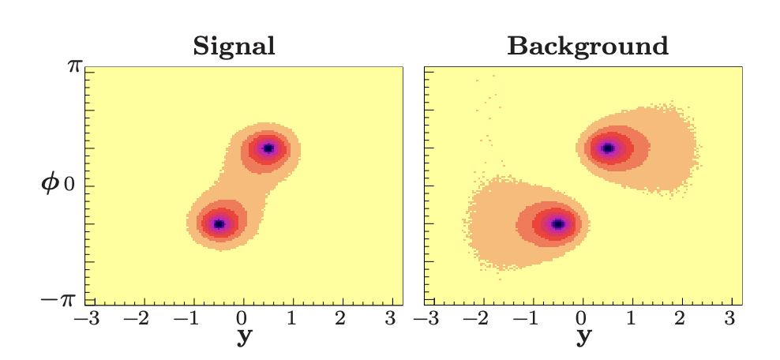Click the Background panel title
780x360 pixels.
587,47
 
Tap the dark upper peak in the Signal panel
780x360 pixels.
268,148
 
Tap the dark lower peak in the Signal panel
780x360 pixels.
219,224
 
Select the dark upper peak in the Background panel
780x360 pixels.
608,148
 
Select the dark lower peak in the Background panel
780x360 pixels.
558,224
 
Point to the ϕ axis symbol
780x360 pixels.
50,186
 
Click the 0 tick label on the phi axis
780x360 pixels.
69,186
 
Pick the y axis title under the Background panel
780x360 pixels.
583,337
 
